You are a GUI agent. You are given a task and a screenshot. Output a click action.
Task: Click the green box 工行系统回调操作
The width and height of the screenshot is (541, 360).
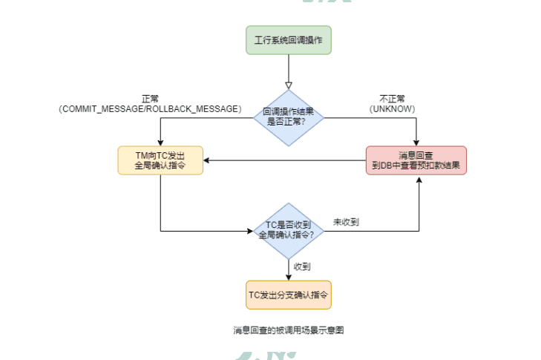click(289, 40)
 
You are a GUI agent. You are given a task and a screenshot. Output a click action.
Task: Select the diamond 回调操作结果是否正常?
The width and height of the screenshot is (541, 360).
click(289, 115)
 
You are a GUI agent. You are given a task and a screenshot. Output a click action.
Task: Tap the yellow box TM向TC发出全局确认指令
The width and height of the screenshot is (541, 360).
click(160, 160)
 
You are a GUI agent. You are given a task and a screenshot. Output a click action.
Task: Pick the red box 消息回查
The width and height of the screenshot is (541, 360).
click(416, 160)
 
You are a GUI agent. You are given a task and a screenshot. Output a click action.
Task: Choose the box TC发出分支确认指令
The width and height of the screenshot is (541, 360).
click(289, 295)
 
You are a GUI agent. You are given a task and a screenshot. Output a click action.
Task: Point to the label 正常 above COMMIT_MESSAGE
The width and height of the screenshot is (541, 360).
click(150, 99)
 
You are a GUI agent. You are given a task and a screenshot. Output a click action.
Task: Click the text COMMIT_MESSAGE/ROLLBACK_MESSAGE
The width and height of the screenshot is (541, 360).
click(150, 108)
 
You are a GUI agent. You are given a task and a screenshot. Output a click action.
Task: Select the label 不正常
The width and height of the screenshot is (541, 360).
click(392, 99)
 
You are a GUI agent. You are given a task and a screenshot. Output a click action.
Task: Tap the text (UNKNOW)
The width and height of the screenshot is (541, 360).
click(392, 108)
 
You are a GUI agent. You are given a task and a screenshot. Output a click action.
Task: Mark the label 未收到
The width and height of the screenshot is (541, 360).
click(346, 221)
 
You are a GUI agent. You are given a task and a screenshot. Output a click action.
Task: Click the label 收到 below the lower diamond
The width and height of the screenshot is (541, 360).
click(302, 266)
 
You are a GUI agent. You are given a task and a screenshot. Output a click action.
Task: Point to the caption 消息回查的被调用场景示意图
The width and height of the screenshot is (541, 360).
click(288, 330)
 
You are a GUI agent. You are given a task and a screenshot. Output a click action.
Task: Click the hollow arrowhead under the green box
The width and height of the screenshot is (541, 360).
click(289, 85)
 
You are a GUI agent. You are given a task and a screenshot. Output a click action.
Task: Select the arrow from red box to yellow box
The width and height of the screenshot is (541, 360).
click(286, 160)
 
